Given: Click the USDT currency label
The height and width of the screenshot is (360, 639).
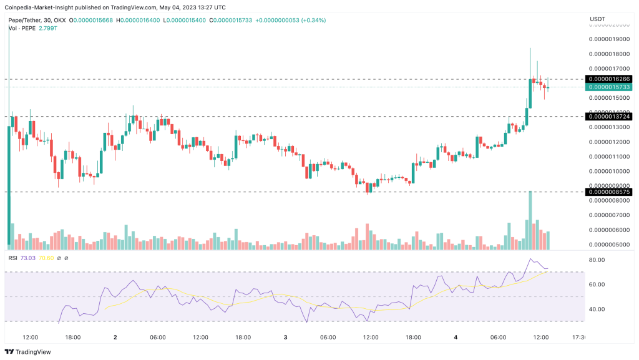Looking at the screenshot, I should (x=598, y=19).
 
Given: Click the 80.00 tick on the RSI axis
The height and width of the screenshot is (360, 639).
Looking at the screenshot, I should (x=598, y=260).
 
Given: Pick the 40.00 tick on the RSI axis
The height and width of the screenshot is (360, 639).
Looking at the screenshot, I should (x=598, y=309).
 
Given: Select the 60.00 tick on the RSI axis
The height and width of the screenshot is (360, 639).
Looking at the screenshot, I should (x=598, y=285).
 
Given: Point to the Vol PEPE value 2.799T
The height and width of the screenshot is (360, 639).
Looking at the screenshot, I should (x=47, y=29).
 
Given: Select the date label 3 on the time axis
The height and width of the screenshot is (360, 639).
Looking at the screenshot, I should (x=285, y=338).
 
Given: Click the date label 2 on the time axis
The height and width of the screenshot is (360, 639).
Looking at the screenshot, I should (x=115, y=338).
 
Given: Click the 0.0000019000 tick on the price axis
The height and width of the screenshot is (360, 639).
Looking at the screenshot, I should (x=609, y=39).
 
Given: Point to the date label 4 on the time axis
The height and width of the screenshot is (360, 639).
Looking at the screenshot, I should (x=456, y=338).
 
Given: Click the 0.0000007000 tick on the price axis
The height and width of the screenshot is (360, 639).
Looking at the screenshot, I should (x=609, y=215).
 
